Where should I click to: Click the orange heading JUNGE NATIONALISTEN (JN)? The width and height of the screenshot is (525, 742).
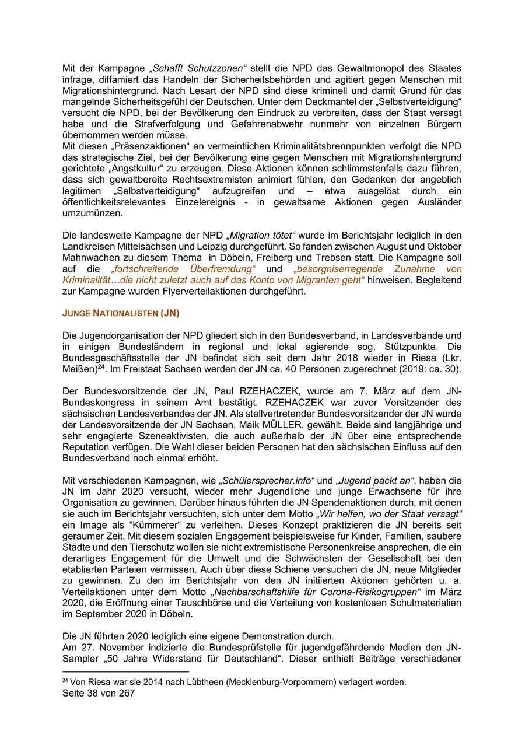[121, 313]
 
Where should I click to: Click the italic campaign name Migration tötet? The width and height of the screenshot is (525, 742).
[262, 236]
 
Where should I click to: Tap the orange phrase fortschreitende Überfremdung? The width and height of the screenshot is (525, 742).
[183, 269]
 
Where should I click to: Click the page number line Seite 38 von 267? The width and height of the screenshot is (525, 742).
[99, 694]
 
